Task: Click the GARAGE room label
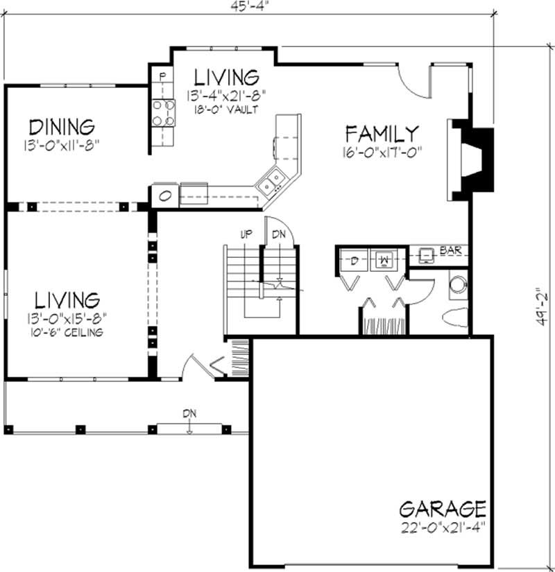tap(443, 509)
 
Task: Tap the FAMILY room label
tap(382, 132)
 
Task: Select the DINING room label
tap(61, 127)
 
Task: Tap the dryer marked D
tap(352, 261)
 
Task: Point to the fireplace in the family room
tap(475, 159)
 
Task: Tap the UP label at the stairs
tap(246, 235)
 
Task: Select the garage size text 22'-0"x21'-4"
tap(441, 526)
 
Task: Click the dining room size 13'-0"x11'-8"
tap(61, 146)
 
